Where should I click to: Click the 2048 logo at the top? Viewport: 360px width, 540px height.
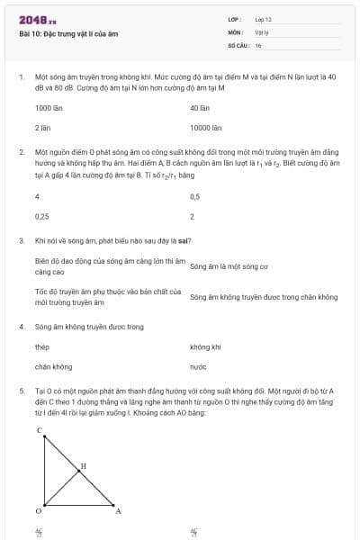click(x=37, y=19)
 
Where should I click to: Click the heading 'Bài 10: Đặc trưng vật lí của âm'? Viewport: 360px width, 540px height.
click(x=68, y=34)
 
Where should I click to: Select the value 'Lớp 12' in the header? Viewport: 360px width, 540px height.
click(x=263, y=19)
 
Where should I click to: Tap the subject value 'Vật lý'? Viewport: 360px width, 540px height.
click(x=262, y=31)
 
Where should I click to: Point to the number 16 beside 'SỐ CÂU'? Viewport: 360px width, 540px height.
click(x=258, y=44)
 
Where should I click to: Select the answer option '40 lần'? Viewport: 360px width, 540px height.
click(x=200, y=108)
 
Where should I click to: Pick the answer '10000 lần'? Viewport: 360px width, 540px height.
click(x=205, y=129)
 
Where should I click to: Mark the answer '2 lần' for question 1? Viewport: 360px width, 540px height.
click(x=42, y=129)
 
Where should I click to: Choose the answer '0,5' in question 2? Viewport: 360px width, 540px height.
click(x=195, y=196)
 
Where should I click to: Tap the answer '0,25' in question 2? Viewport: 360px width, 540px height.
click(x=41, y=217)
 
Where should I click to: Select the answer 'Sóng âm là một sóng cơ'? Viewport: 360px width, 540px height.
click(x=229, y=266)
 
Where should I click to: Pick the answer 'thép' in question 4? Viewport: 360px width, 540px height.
click(x=41, y=346)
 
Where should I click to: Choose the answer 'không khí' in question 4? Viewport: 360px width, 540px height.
click(x=205, y=346)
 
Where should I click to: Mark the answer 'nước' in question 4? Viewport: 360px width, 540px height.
click(x=198, y=367)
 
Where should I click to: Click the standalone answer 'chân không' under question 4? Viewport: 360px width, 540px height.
click(x=53, y=367)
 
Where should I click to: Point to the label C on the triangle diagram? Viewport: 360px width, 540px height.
click(x=39, y=431)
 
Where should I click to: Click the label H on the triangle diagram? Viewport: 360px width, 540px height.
click(x=84, y=466)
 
